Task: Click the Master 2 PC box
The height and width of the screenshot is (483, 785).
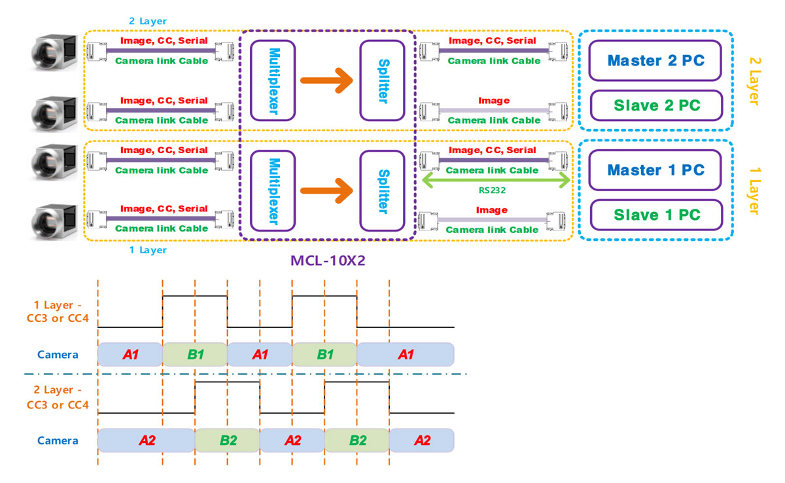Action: point(656,61)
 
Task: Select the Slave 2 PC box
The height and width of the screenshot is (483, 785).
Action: point(656,105)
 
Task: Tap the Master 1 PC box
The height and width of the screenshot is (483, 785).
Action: point(656,170)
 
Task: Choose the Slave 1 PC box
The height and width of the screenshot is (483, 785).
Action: point(656,215)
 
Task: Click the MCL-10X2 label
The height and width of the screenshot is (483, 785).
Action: point(327,260)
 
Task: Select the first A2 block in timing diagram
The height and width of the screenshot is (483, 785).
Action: point(146,440)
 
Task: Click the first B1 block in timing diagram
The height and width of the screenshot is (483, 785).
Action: point(194,354)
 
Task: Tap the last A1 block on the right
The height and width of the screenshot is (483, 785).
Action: point(405,354)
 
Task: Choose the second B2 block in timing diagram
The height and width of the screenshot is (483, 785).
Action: point(357,440)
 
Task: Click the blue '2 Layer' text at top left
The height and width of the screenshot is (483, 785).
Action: point(148,21)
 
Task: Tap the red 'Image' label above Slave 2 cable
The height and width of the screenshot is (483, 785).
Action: point(494,100)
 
